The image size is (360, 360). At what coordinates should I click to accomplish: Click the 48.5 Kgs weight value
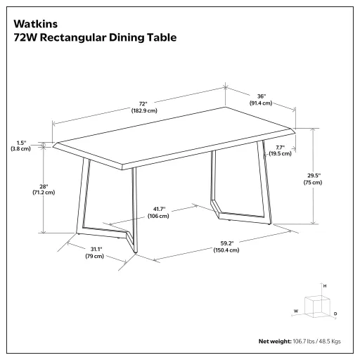click(328, 341)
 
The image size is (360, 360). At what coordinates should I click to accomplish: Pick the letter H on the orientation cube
click(324, 287)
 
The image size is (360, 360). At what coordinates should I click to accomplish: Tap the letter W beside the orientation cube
click(296, 310)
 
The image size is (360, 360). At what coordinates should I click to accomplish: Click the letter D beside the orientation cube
click(335, 313)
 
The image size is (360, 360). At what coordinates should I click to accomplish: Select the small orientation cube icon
click(319, 305)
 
